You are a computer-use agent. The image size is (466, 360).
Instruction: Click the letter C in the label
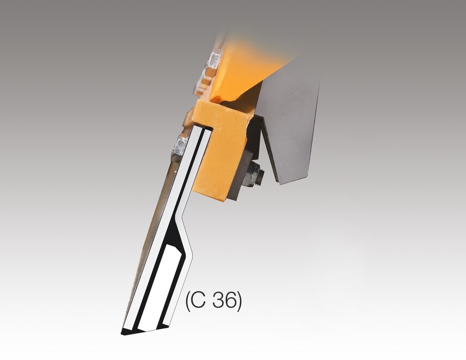pos(199,301)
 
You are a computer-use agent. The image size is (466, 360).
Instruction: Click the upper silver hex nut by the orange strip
pos(214,60)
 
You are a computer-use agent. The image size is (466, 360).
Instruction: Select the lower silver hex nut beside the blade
pos(179,147)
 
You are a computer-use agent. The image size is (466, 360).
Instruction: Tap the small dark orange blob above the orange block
pos(218,99)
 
